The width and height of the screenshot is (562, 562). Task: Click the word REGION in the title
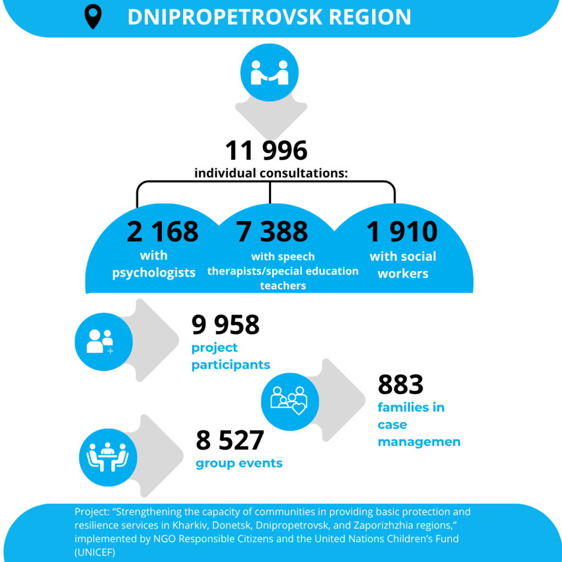coord(370,17)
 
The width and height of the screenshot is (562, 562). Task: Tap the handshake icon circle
coord(269,73)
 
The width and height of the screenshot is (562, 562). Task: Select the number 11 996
coord(266,150)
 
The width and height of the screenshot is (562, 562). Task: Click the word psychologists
coord(154,272)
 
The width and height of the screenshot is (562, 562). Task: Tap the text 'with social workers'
coord(403,265)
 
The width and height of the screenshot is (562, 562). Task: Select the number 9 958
coord(226,325)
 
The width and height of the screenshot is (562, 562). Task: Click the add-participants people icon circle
coord(103,341)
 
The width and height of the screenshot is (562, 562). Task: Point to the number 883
coord(401,385)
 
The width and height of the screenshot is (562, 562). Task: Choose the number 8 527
coord(230,440)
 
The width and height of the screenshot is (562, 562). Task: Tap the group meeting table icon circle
coord(108,458)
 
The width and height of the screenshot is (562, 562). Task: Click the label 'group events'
coord(239,463)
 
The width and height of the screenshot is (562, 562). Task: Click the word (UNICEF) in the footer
coord(95,552)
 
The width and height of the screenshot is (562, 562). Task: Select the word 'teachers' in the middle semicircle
coord(283,285)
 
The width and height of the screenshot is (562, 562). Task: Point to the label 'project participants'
coord(231,356)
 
